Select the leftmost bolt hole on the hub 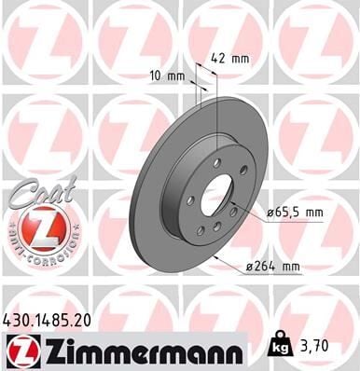(x=190, y=201)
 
